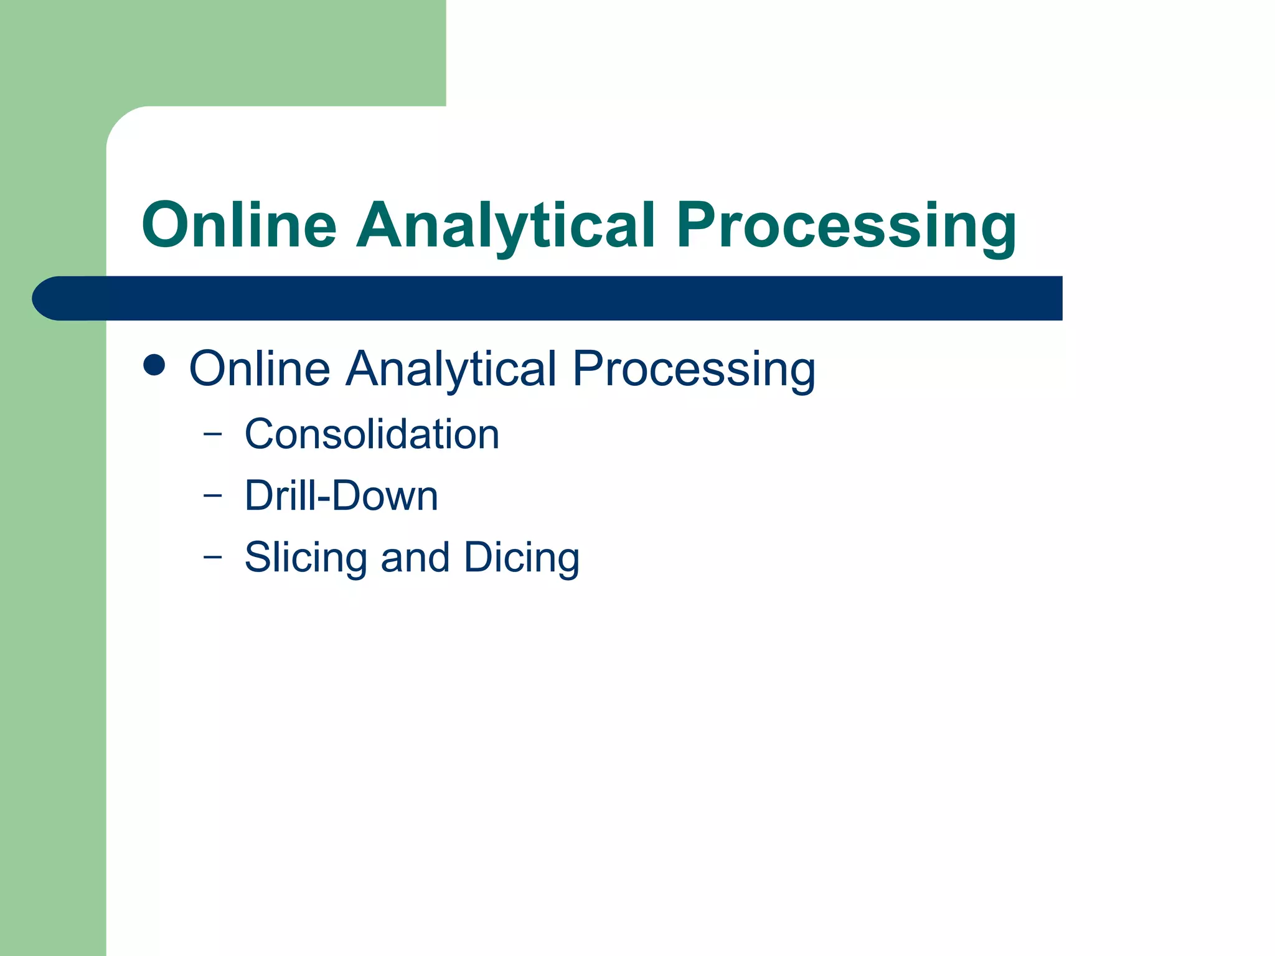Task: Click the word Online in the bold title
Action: click(x=240, y=225)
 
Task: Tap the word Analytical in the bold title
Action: click(x=506, y=225)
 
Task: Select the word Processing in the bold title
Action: click(x=847, y=225)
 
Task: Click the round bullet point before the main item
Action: click(x=154, y=366)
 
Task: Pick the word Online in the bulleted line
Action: click(x=260, y=368)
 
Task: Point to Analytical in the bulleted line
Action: click(x=451, y=368)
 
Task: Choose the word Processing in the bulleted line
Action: click(x=694, y=368)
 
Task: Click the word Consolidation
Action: click(x=372, y=434)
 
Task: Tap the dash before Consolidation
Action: click(x=212, y=434)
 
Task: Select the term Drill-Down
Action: click(x=341, y=496)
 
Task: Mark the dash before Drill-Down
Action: click(x=212, y=496)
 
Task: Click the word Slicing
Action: click(x=305, y=557)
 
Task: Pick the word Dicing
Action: click(x=522, y=557)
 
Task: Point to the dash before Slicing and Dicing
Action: click(x=212, y=556)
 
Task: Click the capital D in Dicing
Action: click(x=479, y=557)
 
